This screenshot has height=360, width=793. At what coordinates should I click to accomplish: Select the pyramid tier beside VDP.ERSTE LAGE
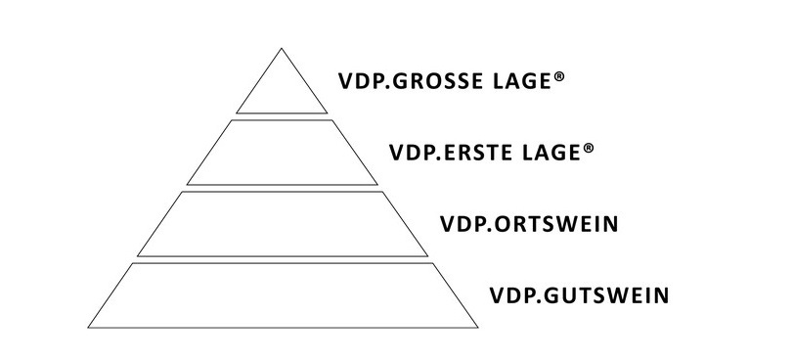282,154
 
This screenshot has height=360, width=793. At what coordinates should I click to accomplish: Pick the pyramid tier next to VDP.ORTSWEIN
282,224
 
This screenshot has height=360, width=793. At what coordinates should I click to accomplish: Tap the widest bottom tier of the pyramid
282,293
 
